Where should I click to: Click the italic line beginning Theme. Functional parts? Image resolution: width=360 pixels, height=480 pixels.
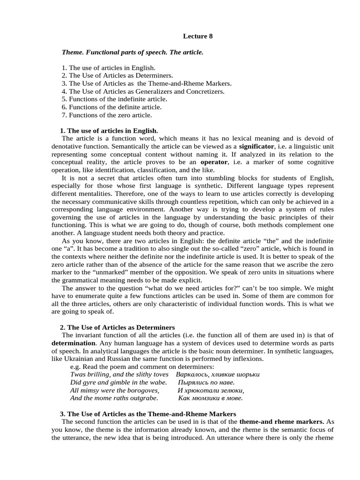[133, 52]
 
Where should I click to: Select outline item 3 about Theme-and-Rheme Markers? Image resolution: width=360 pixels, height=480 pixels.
[146, 83]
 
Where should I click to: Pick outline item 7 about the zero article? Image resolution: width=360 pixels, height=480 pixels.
[107, 115]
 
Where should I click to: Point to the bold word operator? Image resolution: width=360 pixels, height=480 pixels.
[214, 162]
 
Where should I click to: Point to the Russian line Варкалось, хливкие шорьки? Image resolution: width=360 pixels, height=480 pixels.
[217, 375]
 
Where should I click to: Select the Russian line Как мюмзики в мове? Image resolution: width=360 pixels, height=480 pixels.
[210, 398]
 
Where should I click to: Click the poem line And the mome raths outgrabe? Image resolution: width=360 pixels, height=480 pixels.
[114, 398]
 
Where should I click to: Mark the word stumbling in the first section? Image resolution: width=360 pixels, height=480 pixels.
[214, 178]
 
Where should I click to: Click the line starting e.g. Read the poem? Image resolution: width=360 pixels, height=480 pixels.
[142, 367]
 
